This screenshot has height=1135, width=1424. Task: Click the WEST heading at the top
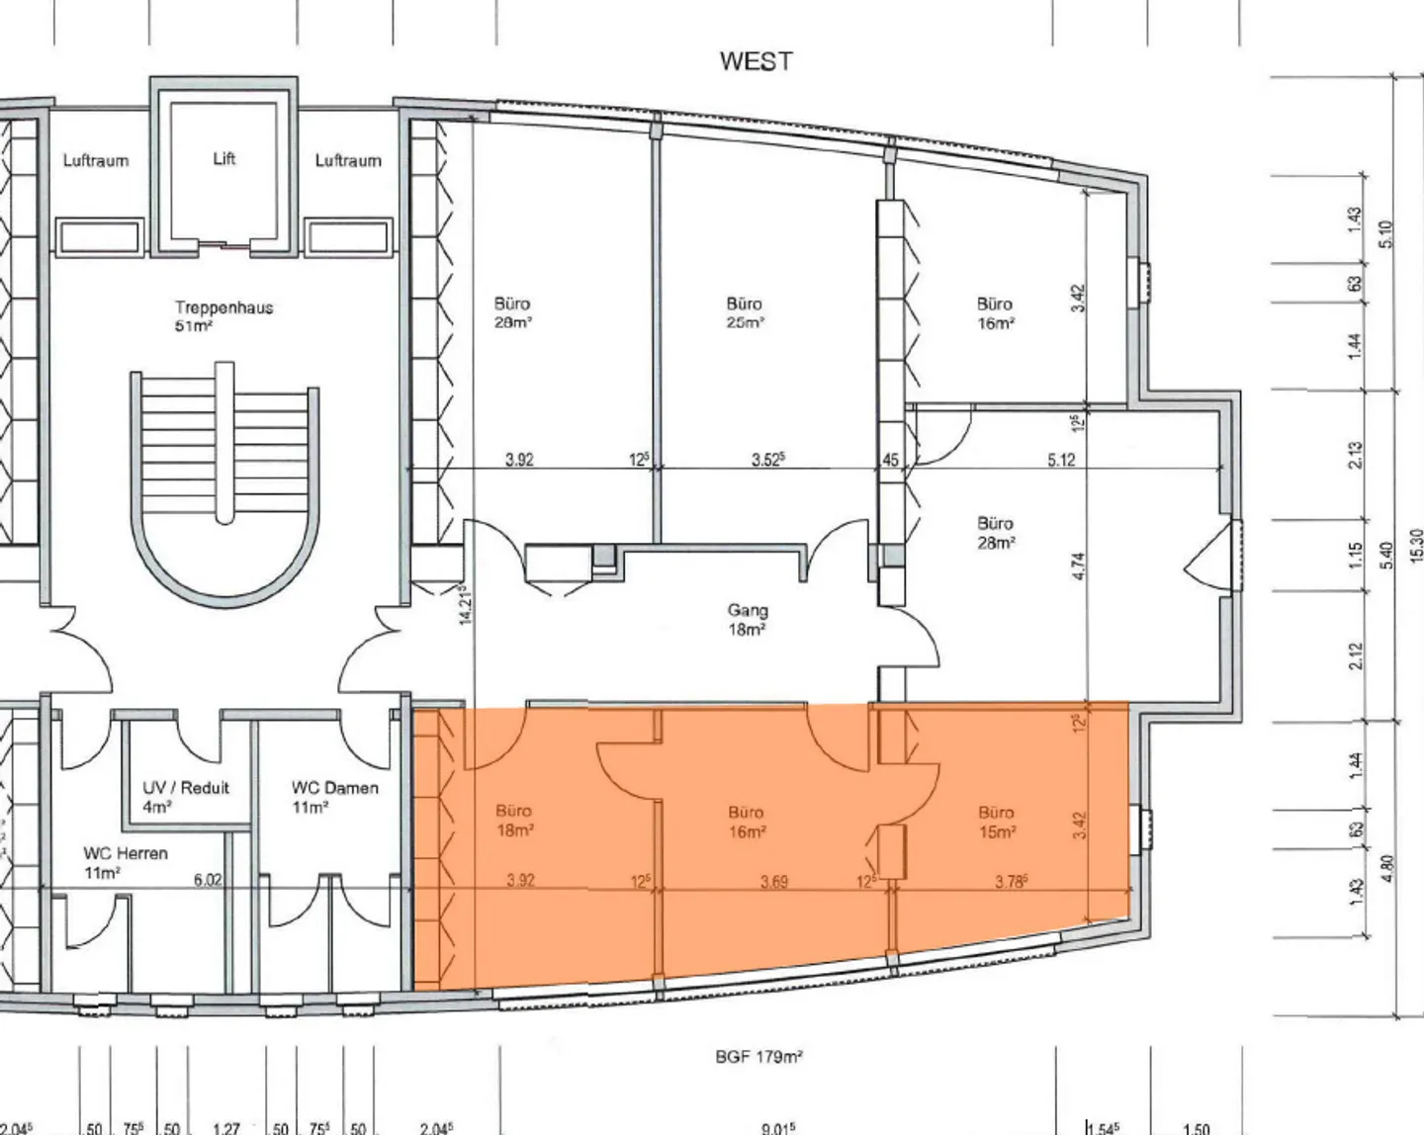click(x=756, y=61)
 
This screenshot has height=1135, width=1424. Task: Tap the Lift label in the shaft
click(x=224, y=158)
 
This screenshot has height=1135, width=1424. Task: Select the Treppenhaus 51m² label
click(x=223, y=315)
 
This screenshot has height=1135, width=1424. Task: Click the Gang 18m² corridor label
click(x=748, y=620)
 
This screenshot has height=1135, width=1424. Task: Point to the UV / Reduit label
click(x=186, y=797)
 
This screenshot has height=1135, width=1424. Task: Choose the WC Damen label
click(x=334, y=797)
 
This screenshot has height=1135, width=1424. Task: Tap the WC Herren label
click(x=126, y=862)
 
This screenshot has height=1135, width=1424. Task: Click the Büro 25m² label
click(x=744, y=313)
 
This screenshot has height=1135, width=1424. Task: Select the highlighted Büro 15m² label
click(x=997, y=823)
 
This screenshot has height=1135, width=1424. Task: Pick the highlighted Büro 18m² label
click(x=514, y=823)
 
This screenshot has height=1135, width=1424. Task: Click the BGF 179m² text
click(x=758, y=1057)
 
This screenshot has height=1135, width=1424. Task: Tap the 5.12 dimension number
click(x=1061, y=460)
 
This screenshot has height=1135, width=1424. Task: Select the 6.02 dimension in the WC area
click(x=208, y=880)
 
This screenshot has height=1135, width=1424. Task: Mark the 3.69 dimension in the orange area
click(x=773, y=881)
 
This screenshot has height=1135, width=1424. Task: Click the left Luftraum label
click(x=96, y=160)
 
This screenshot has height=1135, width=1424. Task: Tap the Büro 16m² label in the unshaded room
click(x=995, y=313)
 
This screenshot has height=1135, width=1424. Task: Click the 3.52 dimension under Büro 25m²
click(x=767, y=460)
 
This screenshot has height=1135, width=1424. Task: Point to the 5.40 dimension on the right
click(x=1384, y=556)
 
